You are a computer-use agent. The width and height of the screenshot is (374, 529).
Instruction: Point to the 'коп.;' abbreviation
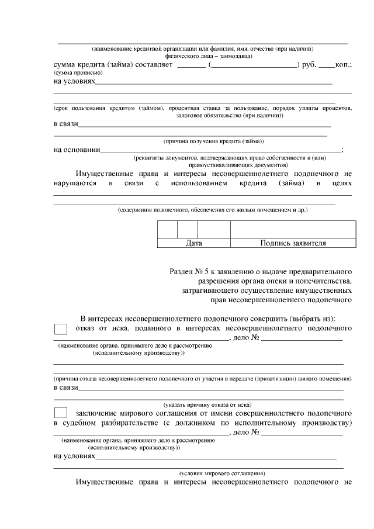344,64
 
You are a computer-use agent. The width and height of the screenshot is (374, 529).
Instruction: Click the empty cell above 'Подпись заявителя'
293,229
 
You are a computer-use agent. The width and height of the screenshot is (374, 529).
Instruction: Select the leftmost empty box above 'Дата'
167,229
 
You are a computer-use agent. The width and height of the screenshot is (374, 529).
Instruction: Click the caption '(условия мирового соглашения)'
222,473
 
